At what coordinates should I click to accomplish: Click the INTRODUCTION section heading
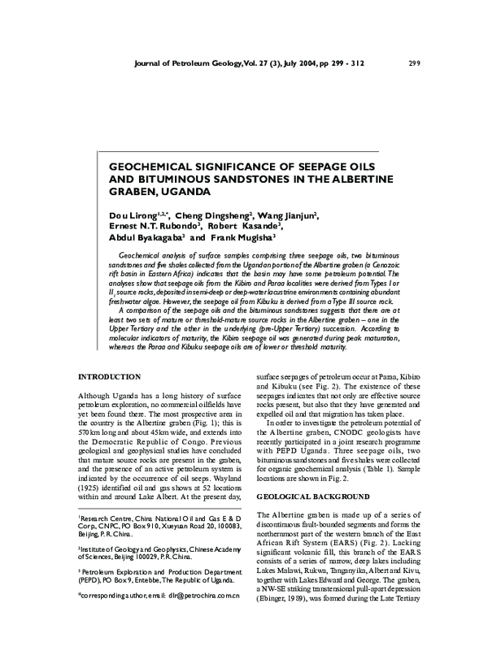[x=110, y=376]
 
